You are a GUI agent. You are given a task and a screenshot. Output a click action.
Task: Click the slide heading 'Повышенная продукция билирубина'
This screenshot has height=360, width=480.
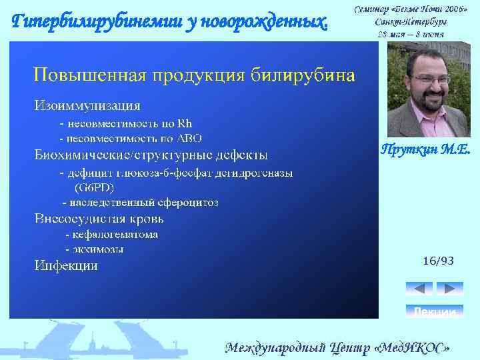194,74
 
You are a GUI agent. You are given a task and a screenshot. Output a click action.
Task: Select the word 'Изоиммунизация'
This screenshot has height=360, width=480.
87,105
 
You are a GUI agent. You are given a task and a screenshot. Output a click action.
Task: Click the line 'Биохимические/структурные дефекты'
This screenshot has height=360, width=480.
151,155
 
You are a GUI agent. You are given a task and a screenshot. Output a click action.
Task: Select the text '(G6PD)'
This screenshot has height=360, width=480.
99,187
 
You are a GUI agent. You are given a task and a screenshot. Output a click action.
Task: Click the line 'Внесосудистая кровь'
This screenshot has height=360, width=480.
99,219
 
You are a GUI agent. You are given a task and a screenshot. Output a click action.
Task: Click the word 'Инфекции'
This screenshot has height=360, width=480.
66,266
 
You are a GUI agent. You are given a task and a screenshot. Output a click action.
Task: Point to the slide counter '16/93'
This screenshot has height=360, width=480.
438,261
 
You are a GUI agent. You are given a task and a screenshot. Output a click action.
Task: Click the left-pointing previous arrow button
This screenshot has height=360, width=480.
419,289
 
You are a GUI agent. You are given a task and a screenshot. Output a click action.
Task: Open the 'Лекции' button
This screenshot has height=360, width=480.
434,311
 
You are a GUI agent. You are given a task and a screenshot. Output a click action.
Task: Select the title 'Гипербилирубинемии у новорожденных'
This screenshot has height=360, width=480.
171,22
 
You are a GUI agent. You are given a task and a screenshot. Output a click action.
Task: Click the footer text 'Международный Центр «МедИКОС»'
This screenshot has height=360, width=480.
338,348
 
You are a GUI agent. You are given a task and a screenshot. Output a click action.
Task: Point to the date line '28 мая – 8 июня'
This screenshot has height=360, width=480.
411,34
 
